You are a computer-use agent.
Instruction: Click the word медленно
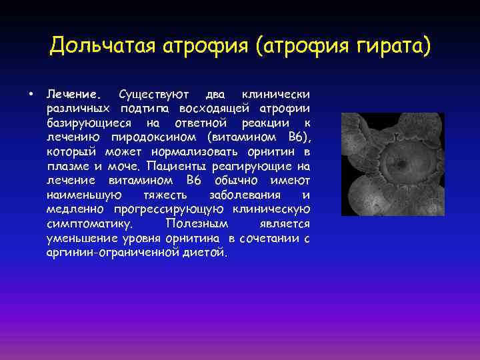74,210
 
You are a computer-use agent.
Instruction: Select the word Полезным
196,225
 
